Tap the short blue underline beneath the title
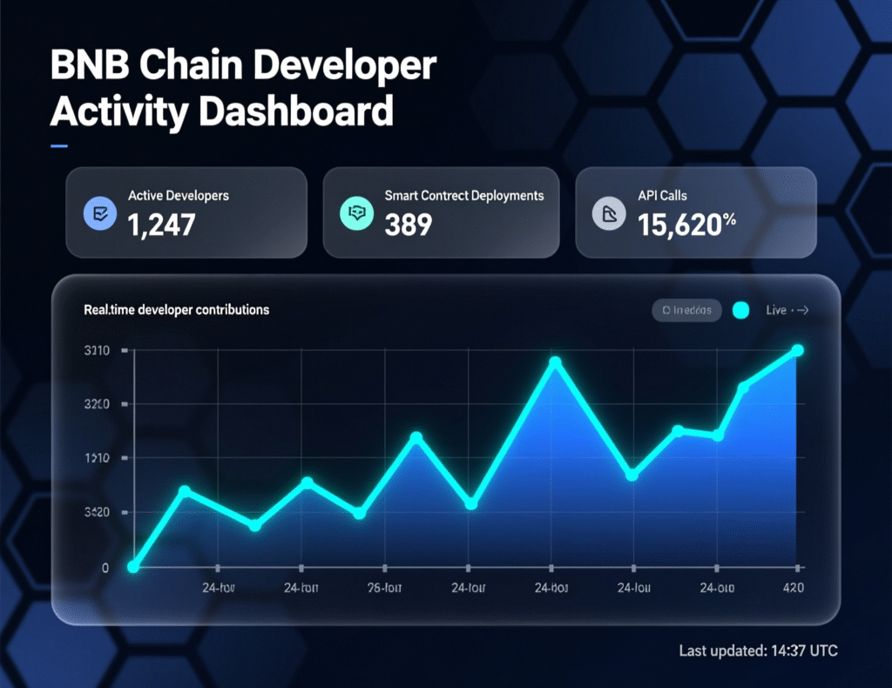pyautogui.click(x=59, y=145)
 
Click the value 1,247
pyautogui.click(x=161, y=225)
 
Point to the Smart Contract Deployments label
pyautogui.click(x=464, y=196)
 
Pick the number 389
pyautogui.click(x=408, y=225)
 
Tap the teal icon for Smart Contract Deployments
pyautogui.click(x=355, y=212)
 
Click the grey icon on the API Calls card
pyautogui.click(x=608, y=212)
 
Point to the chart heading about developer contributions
pyautogui.click(x=176, y=309)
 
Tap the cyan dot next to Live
pyautogui.click(x=741, y=310)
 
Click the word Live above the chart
pyautogui.click(x=776, y=310)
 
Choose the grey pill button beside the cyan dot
pyautogui.click(x=686, y=310)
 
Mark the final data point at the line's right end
pyautogui.click(x=797, y=350)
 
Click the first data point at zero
pyautogui.click(x=133, y=567)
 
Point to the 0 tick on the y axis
pyautogui.click(x=105, y=568)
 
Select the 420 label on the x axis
pyautogui.click(x=792, y=588)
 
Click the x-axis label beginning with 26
pyautogui.click(x=384, y=588)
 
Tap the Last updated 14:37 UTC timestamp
pyautogui.click(x=758, y=651)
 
